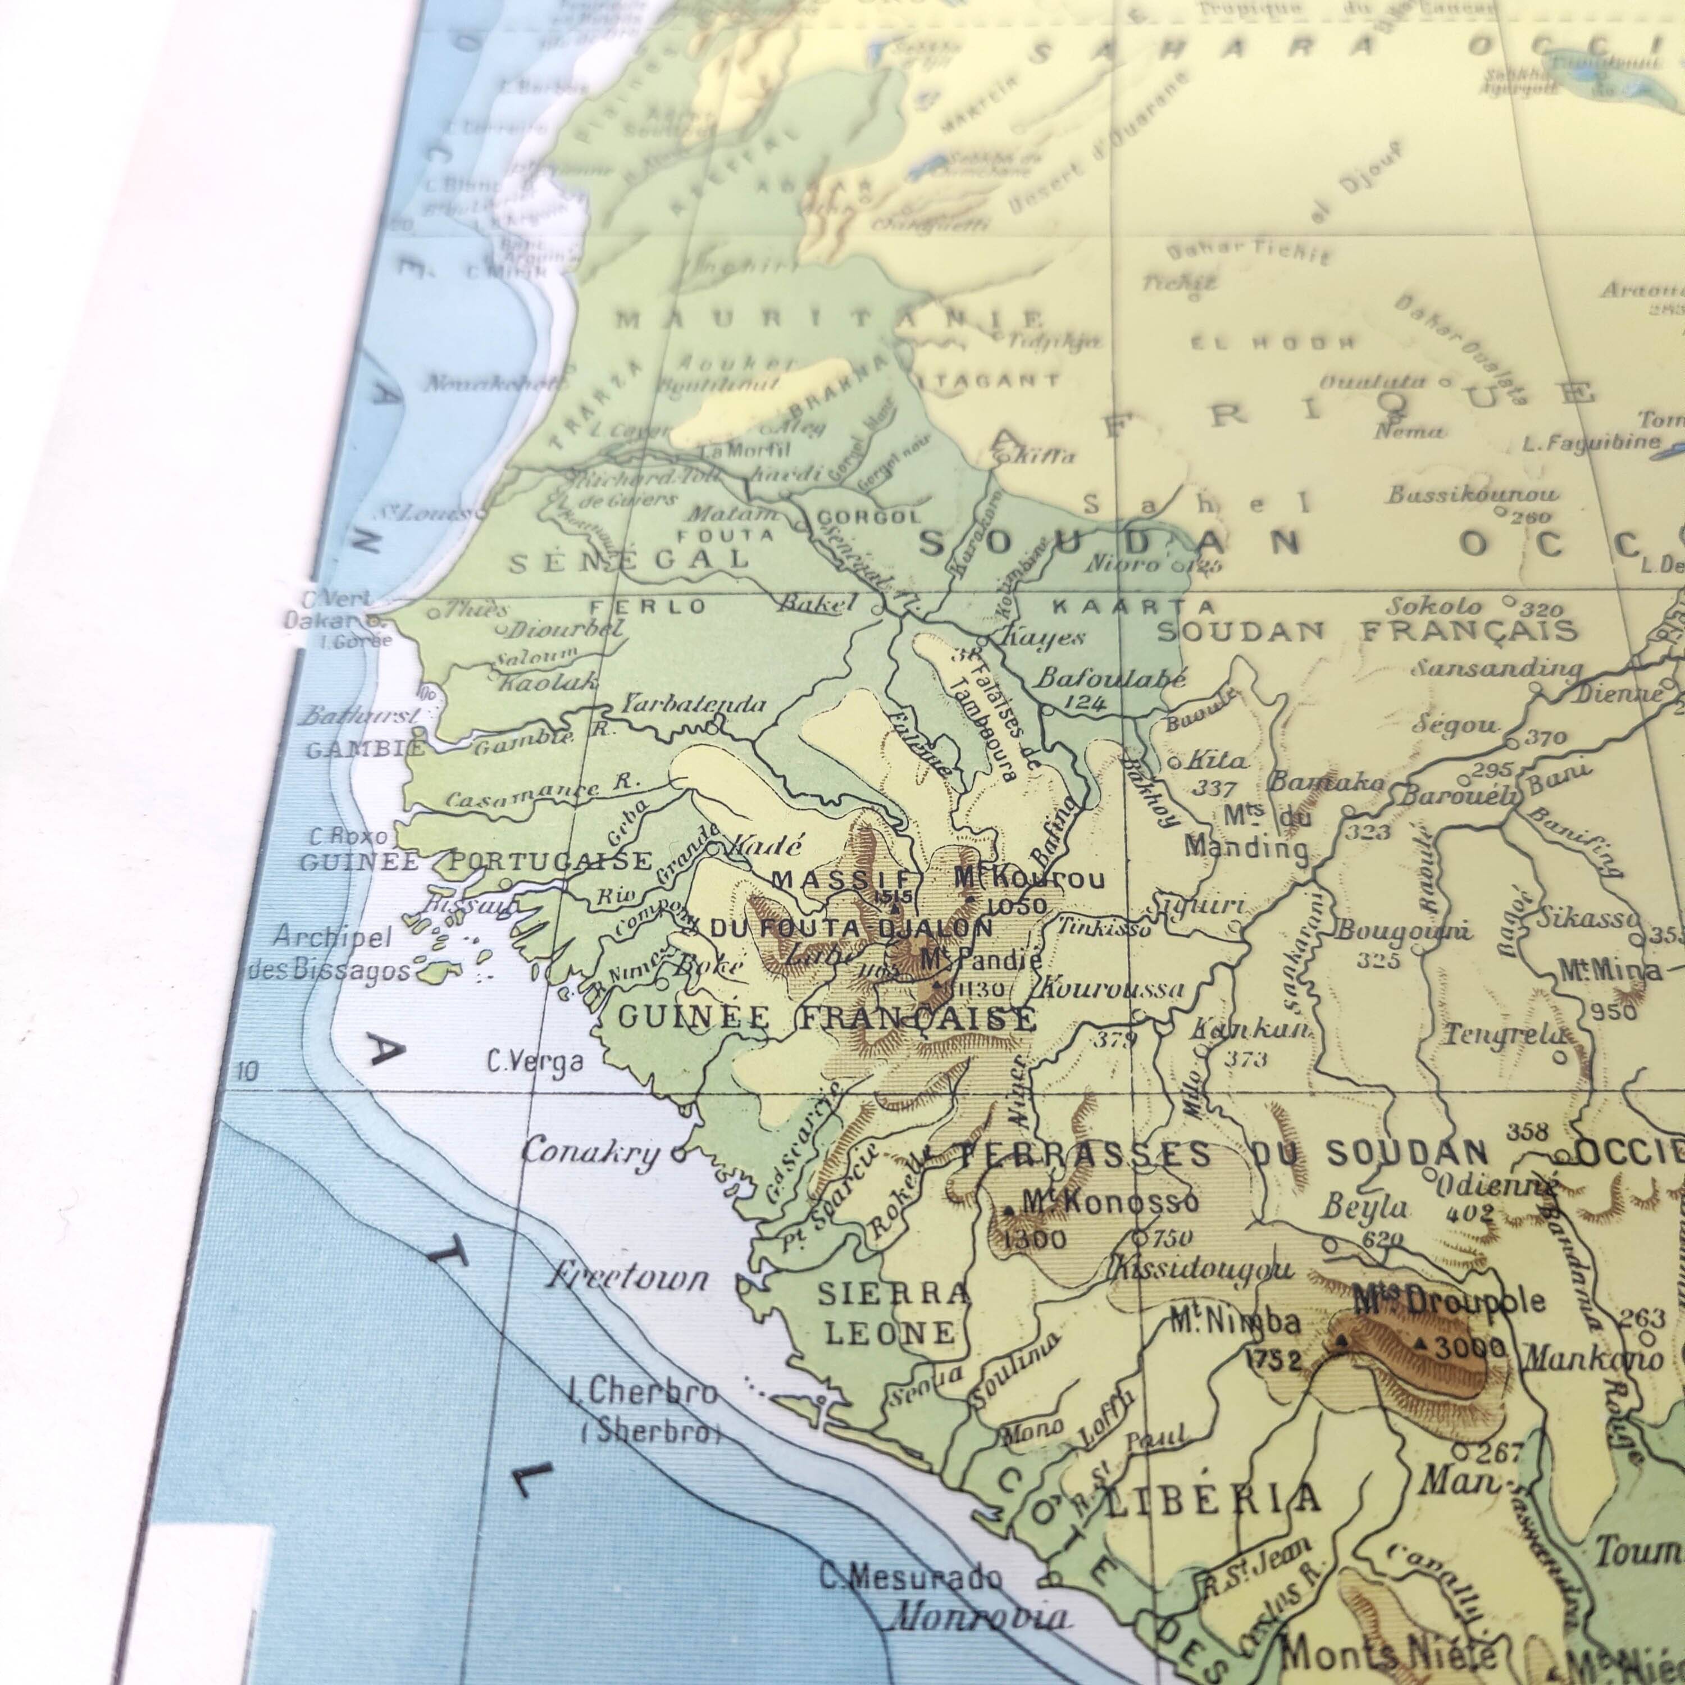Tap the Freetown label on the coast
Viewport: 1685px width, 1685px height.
tap(626, 1278)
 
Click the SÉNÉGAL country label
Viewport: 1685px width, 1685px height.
tap(628, 559)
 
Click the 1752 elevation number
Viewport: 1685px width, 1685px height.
tap(1273, 1359)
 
